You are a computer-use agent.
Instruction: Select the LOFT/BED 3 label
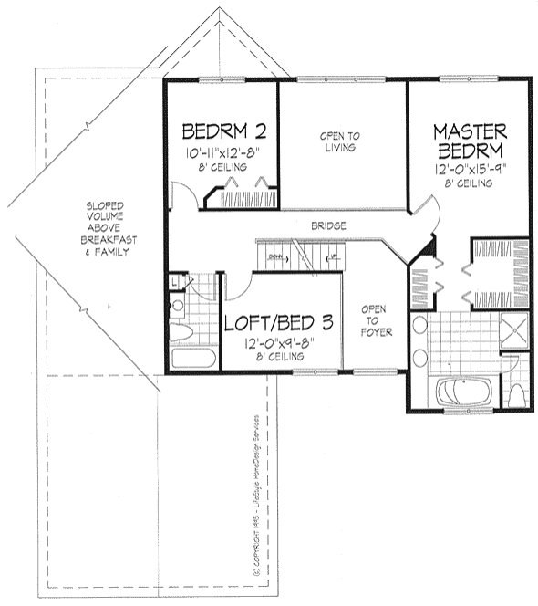279,322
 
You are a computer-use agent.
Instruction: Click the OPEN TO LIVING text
338,142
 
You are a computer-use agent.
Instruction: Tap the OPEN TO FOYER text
375,320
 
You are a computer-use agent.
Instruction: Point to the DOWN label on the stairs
277,257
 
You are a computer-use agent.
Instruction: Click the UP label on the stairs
335,257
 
